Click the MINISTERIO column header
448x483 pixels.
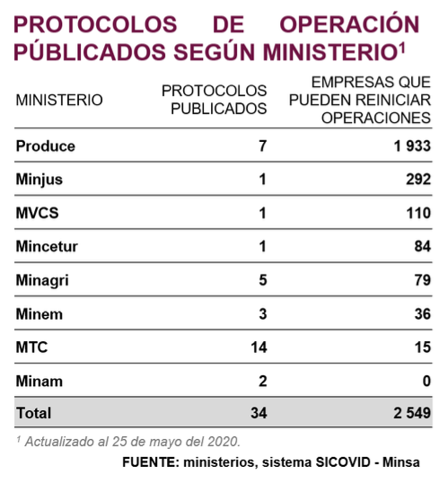click(x=59, y=101)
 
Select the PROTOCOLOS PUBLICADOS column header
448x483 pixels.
click(x=215, y=100)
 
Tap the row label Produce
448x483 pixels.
click(x=46, y=146)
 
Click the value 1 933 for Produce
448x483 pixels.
click(x=412, y=146)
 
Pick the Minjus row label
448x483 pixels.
click(x=40, y=180)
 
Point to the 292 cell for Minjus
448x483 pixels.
click(x=418, y=180)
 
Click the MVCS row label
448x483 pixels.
click(x=38, y=213)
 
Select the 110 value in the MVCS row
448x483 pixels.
click(x=418, y=213)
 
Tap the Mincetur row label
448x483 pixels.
click(x=47, y=246)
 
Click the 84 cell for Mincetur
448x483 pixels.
click(x=423, y=246)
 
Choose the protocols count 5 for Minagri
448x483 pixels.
click(x=263, y=280)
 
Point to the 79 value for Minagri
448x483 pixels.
click(x=423, y=280)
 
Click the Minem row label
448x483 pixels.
click(x=40, y=314)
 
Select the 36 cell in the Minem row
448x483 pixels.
click(x=423, y=314)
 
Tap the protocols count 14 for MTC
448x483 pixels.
click(x=259, y=347)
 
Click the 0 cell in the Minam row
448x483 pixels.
click(x=426, y=381)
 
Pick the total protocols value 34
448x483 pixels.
click(x=259, y=413)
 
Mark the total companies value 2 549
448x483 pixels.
click(x=412, y=413)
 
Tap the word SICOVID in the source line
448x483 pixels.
click(x=343, y=462)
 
